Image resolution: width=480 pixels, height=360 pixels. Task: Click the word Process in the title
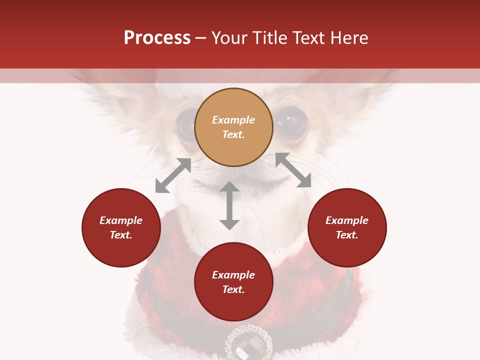(x=157, y=38)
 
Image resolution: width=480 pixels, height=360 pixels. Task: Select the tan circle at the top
(x=233, y=127)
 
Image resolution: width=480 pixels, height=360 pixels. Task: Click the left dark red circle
(x=121, y=227)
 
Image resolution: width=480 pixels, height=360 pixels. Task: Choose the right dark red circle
(x=347, y=227)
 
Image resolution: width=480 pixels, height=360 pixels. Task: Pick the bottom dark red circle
(x=233, y=282)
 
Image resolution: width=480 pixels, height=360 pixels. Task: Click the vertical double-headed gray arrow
(x=229, y=205)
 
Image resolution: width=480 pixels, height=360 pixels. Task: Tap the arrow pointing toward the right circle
(x=293, y=170)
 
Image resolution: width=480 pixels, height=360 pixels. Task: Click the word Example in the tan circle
(x=233, y=120)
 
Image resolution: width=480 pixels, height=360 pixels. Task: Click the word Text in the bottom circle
(x=233, y=289)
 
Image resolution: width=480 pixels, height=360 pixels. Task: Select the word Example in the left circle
(x=121, y=220)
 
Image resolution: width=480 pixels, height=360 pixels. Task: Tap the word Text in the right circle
(x=347, y=235)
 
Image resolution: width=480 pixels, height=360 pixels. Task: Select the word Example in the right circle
(x=347, y=220)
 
